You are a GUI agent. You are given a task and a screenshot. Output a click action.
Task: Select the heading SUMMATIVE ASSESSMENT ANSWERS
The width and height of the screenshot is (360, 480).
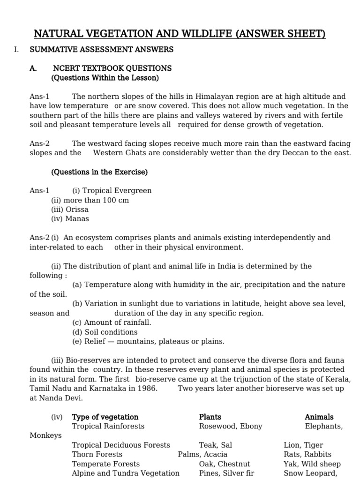101,49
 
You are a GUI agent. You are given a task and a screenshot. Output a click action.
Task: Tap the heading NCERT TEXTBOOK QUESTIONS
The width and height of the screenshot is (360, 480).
112,68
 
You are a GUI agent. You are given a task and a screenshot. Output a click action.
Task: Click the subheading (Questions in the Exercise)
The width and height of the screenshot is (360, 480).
99,172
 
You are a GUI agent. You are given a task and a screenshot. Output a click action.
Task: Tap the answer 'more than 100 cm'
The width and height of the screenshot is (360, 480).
90,200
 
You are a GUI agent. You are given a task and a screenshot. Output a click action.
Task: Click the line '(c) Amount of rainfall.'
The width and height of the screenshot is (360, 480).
112,322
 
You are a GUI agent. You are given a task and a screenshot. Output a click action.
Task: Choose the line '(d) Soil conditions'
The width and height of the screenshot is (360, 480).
105,332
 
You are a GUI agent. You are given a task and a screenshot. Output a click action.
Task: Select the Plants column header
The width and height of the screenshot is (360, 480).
210,417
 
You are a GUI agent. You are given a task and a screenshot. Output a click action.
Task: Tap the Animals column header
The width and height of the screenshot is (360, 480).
319,417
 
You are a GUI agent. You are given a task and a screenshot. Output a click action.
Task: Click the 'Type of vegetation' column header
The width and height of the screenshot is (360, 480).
105,417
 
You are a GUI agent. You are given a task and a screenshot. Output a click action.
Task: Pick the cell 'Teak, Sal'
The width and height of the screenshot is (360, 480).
215,445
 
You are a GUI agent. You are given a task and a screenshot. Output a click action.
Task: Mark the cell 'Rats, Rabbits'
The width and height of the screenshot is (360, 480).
307,454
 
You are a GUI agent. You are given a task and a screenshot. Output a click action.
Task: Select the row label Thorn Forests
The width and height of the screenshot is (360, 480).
97,454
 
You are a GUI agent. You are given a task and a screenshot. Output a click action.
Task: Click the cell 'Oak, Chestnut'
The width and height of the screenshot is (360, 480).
224,464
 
